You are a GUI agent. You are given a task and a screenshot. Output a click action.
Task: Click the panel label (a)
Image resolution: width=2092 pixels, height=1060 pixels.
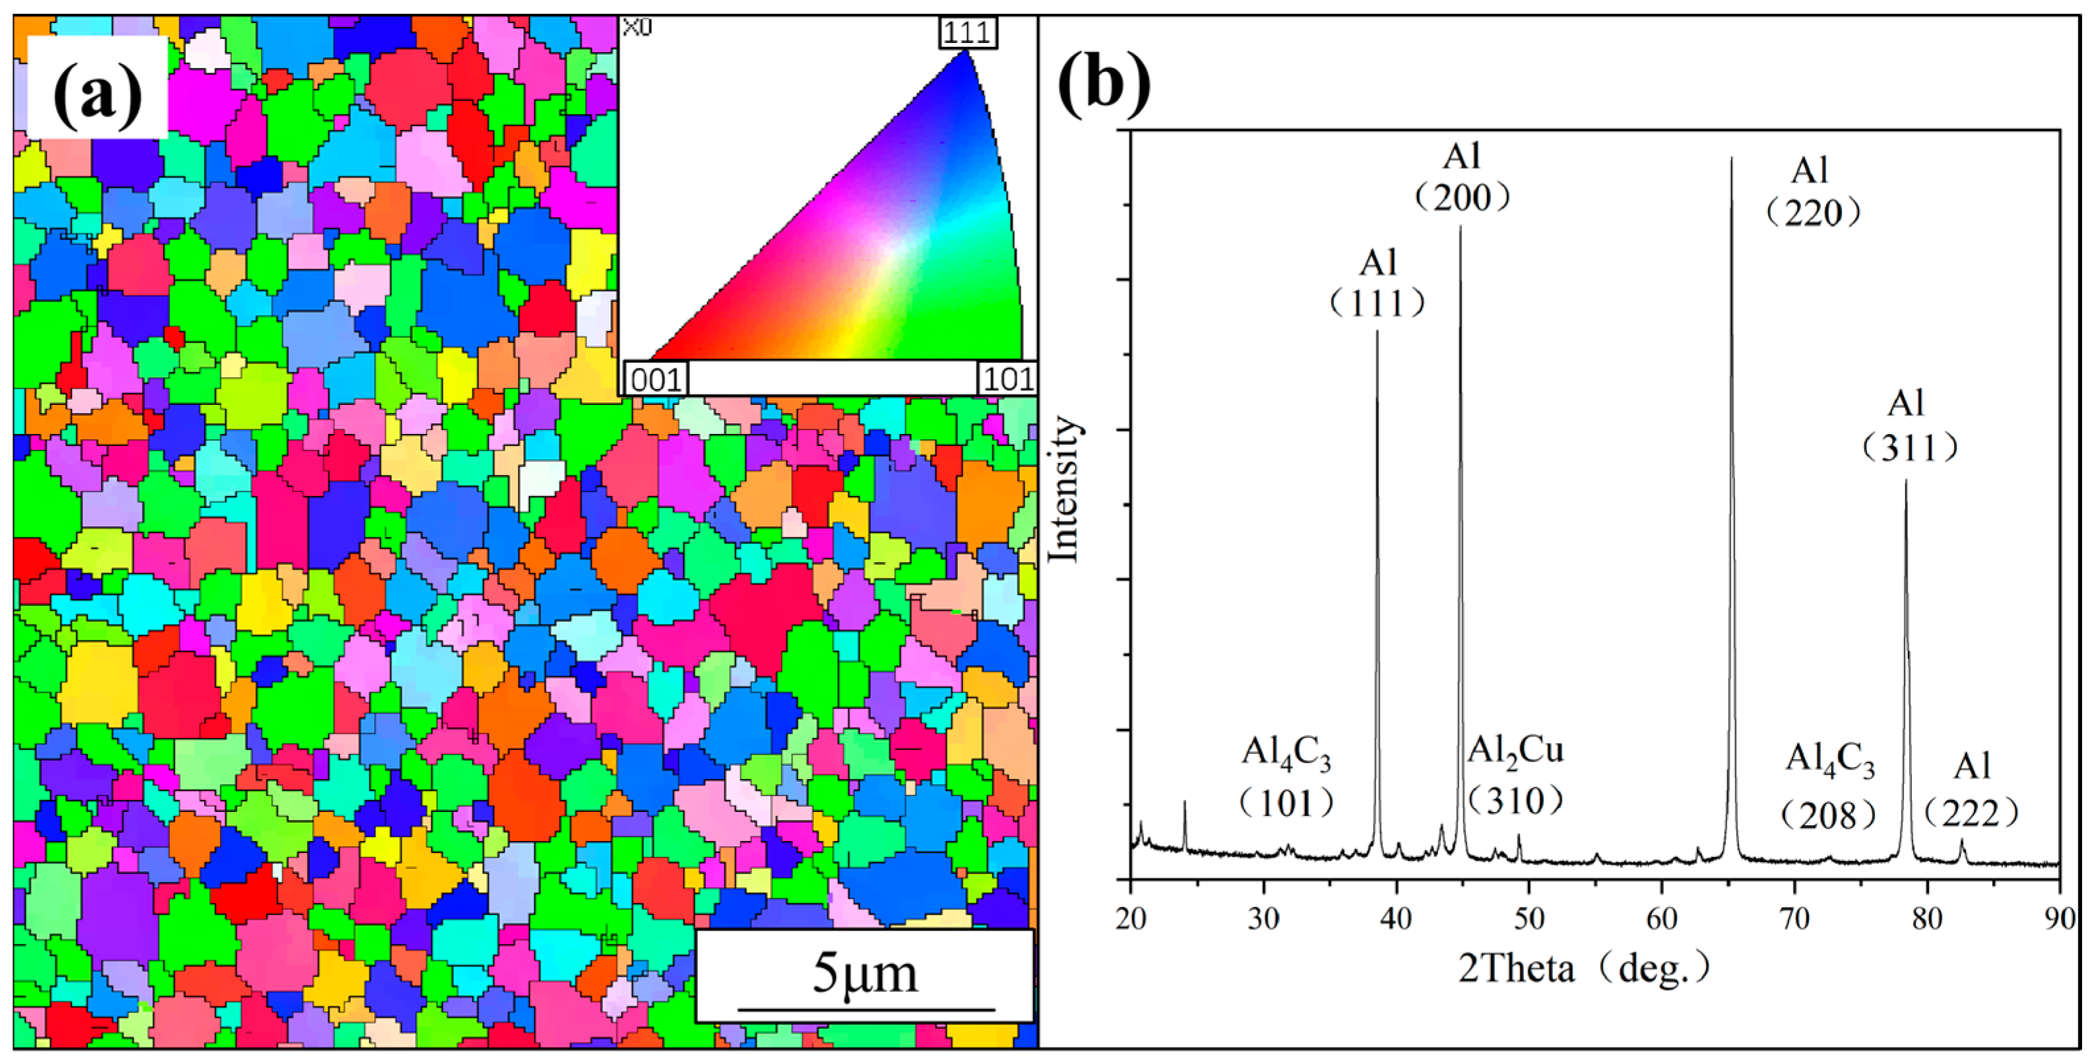coord(98,88)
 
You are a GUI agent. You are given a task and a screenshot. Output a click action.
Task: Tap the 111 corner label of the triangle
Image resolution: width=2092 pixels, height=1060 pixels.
coord(967,32)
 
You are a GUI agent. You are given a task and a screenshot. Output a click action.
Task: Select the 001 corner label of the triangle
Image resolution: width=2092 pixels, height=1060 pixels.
coord(655,379)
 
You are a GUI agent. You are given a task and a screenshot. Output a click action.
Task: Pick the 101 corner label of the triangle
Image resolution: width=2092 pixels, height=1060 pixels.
coord(1007,379)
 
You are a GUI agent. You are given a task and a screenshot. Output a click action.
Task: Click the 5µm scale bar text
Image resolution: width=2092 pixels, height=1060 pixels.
coord(865,973)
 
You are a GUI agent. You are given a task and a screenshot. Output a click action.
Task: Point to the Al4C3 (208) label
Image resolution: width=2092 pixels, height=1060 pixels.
coord(1829,787)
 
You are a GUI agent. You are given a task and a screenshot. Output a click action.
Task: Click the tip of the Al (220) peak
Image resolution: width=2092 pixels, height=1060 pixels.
coord(1731,158)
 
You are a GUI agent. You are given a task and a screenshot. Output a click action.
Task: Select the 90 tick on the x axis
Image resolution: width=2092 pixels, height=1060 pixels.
coord(2059,919)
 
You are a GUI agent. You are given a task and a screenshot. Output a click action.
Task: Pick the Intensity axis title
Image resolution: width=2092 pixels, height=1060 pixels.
coord(1064,488)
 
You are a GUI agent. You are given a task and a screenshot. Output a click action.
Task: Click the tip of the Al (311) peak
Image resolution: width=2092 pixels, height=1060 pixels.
coord(1906,481)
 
